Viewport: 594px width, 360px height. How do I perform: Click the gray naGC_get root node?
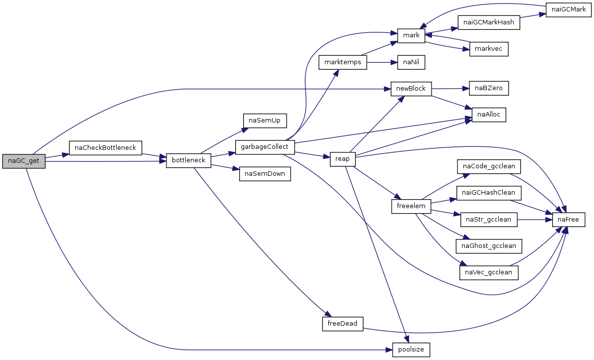(x=23, y=161)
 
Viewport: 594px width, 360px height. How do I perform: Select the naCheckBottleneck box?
(x=105, y=147)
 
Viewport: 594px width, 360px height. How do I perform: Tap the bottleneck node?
(x=189, y=160)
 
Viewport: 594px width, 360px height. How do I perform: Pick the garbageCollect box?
(x=265, y=147)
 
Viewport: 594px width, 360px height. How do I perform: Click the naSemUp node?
(x=265, y=120)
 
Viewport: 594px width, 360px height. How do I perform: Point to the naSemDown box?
(x=265, y=174)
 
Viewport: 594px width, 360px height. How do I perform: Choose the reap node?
(x=342, y=159)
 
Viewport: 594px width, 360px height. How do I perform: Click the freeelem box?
(x=411, y=206)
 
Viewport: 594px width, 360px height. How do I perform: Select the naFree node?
(x=568, y=220)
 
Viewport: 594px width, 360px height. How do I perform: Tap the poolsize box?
(x=411, y=350)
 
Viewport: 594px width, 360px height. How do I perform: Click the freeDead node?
(x=342, y=324)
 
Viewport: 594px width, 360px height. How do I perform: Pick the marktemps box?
(x=343, y=62)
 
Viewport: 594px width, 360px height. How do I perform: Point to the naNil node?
(x=411, y=62)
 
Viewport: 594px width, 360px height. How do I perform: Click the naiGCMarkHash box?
(x=489, y=22)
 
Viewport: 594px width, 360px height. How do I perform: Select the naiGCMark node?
(x=568, y=9)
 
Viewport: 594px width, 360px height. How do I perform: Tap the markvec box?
(x=489, y=49)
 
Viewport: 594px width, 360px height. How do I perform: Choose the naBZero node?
(x=489, y=88)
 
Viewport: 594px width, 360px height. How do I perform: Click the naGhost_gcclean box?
(x=489, y=246)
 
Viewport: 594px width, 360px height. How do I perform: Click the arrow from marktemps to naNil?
(x=382, y=62)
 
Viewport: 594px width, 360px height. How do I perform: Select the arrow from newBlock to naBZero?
(x=450, y=89)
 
